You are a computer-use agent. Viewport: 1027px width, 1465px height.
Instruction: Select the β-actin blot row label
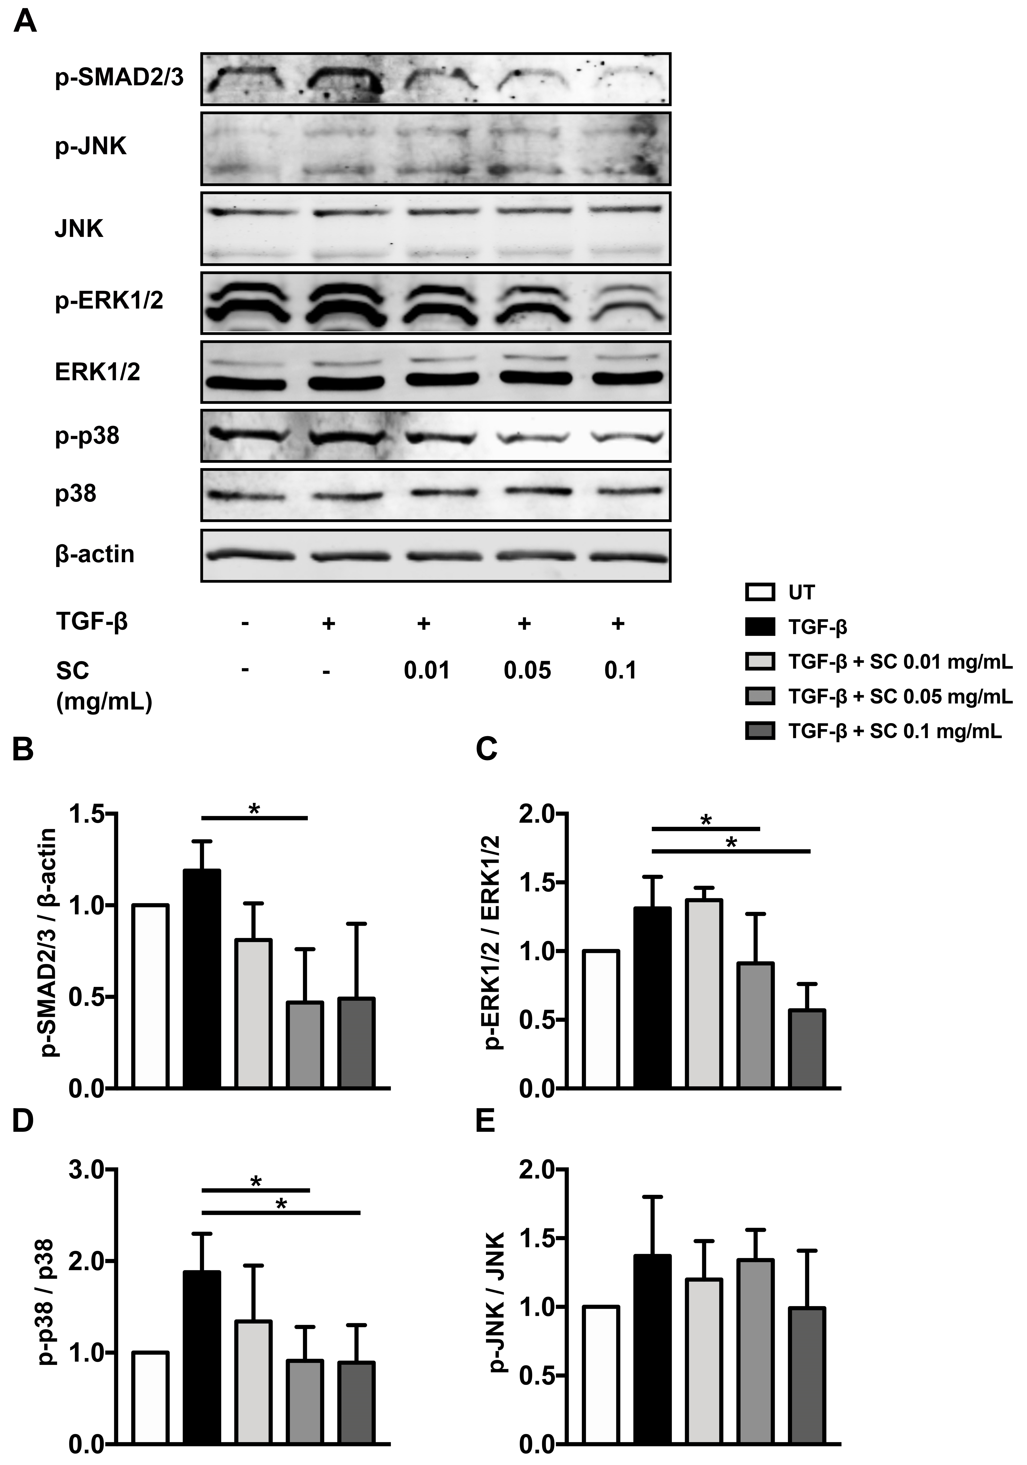(x=94, y=554)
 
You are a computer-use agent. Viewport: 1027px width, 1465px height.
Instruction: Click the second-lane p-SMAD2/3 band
(x=345, y=80)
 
